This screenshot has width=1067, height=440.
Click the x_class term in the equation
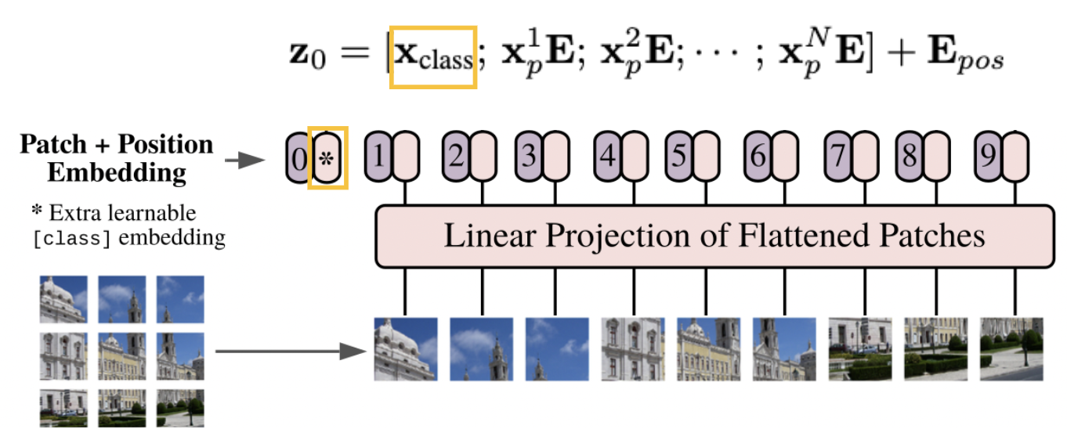click(x=433, y=57)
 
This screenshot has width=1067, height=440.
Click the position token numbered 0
click(x=298, y=159)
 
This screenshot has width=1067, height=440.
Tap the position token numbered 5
click(x=679, y=156)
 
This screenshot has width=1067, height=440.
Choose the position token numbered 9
click(x=989, y=156)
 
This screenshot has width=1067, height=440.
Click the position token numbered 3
click(x=530, y=156)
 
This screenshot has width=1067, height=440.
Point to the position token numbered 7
click(x=838, y=156)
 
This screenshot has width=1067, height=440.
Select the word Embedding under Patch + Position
click(x=117, y=171)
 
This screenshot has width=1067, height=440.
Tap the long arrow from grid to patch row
click(x=290, y=351)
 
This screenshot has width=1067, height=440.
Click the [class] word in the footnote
click(x=72, y=238)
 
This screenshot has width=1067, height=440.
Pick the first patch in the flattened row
click(x=405, y=348)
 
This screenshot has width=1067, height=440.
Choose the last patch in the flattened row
click(x=1011, y=348)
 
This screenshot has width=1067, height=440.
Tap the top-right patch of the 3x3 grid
click(x=179, y=299)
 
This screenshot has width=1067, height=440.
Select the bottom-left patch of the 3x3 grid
click(x=63, y=408)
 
